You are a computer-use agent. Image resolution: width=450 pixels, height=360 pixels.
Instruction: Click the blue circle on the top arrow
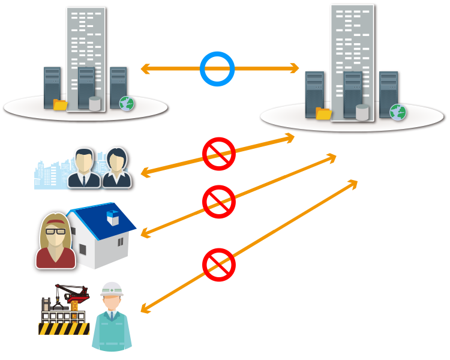coord(217,68)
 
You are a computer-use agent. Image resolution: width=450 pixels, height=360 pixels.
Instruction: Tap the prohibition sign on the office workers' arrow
coord(218,154)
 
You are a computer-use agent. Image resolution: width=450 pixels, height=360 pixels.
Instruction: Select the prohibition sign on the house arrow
coord(218,201)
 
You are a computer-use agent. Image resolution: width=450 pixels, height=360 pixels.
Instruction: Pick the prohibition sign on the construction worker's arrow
coord(218,264)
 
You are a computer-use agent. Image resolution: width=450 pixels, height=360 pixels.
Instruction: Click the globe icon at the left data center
coord(127,103)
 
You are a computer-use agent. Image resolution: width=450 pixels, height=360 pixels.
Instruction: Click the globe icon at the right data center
coord(398,112)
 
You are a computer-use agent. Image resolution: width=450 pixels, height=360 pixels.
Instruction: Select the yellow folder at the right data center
coord(324,113)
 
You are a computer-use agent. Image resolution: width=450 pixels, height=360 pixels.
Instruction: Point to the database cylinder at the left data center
coord(95,103)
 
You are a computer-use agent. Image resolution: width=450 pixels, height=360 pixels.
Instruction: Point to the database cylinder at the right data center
coord(362,112)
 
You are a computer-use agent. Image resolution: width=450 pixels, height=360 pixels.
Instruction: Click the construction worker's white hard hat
coord(112,289)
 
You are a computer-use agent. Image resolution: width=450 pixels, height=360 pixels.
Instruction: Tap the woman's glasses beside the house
coord(55,230)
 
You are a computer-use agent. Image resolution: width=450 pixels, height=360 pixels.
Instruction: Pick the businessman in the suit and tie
coord(84,168)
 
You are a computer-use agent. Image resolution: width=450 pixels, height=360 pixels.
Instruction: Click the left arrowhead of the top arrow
coord(145,69)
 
